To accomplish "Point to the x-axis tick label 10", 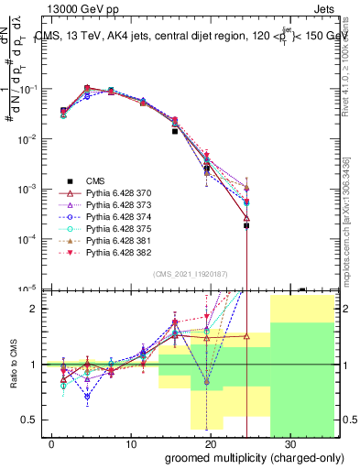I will coord(131,442).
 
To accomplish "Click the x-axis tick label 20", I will coord(212,442).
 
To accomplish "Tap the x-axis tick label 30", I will coord(291,442).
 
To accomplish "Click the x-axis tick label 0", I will coord(51,442).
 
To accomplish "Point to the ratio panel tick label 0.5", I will coord(35,420).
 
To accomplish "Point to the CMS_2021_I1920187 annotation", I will coord(189,273).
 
